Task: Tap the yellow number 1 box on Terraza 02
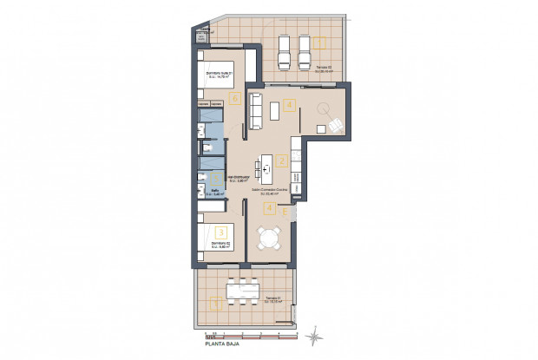[320, 41]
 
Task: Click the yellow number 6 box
[234, 97]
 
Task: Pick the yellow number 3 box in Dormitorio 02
[222, 232]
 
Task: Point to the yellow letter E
[285, 210]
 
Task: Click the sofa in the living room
[256, 112]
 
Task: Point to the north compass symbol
[316, 331]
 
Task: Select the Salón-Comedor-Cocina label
[269, 190]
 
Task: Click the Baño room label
[214, 192]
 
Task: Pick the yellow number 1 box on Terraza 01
[215, 303]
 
